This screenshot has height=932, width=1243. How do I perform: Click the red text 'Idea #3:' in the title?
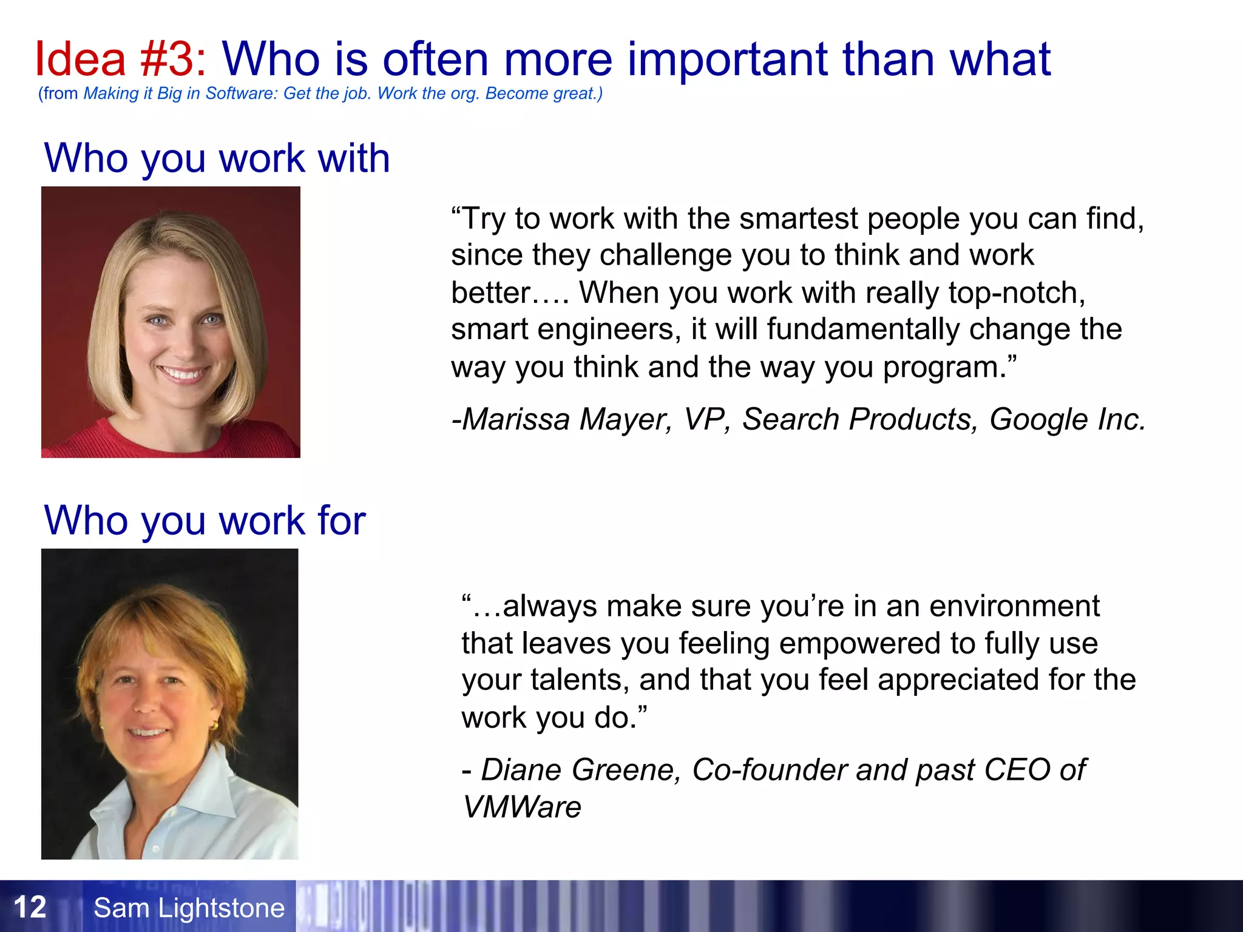pyautogui.click(x=120, y=59)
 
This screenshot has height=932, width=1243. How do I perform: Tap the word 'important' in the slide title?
pyautogui.click(x=727, y=59)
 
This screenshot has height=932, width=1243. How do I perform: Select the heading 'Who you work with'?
pyautogui.click(x=217, y=158)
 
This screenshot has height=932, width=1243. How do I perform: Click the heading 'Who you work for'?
pyautogui.click(x=205, y=521)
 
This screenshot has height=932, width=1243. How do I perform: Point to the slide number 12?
pyautogui.click(x=30, y=907)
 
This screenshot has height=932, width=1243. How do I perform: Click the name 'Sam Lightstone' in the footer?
pyautogui.click(x=189, y=908)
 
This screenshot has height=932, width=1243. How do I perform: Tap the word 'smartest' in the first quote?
pyautogui.click(x=798, y=218)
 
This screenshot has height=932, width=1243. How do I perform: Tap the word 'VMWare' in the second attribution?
pyautogui.click(x=521, y=807)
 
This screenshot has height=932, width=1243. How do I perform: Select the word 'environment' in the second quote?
pyautogui.click(x=1014, y=606)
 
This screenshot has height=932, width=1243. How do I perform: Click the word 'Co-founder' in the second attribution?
pyautogui.click(x=769, y=770)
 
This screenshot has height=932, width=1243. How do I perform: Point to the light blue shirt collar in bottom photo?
pyautogui.click(x=200, y=789)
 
